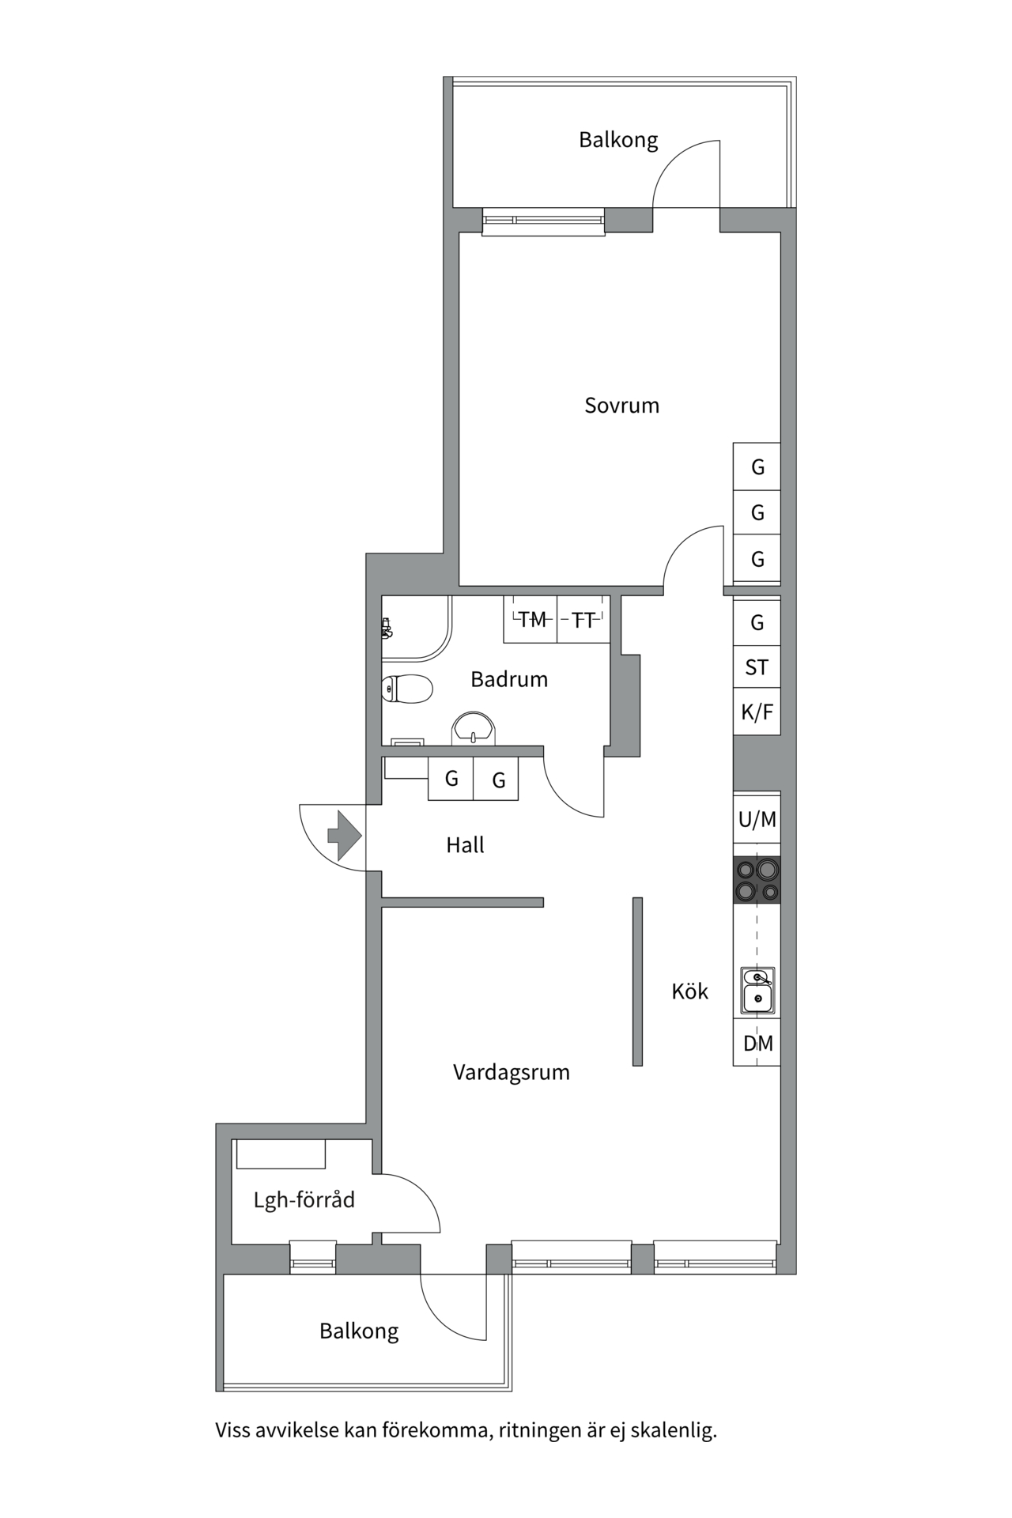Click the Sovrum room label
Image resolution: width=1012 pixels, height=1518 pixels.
pyautogui.click(x=621, y=406)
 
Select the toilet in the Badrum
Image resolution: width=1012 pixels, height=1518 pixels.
pyautogui.click(x=407, y=689)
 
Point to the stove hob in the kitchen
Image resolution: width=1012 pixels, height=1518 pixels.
pyautogui.click(x=757, y=880)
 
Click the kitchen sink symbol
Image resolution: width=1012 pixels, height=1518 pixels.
pyautogui.click(x=757, y=990)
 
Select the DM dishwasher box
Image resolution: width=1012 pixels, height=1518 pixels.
pyautogui.click(x=757, y=1043)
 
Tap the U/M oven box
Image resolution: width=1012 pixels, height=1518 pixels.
pyautogui.click(x=757, y=820)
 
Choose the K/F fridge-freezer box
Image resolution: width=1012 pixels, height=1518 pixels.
pyautogui.click(x=757, y=712)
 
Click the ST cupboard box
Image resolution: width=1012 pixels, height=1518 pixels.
pyautogui.click(x=757, y=667)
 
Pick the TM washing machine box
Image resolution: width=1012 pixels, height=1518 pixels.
pyautogui.click(x=531, y=620)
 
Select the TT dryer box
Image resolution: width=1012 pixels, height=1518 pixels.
pyautogui.click(x=583, y=620)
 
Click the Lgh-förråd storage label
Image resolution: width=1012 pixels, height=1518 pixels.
pyautogui.click(x=304, y=1200)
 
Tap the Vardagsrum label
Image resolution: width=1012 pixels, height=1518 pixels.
pyautogui.click(x=511, y=1073)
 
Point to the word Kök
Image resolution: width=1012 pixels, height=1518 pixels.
pyautogui.click(x=689, y=991)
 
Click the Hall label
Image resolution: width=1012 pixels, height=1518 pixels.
pyautogui.click(x=465, y=845)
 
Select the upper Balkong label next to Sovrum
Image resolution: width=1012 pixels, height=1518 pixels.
pyautogui.click(x=618, y=140)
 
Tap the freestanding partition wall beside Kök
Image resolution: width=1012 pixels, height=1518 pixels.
pyautogui.click(x=637, y=981)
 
